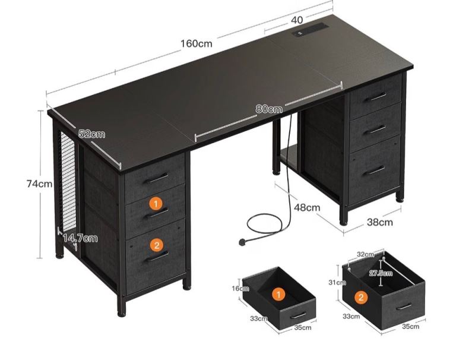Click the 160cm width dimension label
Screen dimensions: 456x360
197,43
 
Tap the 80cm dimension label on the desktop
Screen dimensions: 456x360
269,109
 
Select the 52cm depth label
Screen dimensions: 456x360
92,134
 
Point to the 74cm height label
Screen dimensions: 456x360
40,184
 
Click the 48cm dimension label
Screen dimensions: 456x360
307,207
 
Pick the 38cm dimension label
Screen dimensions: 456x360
380,222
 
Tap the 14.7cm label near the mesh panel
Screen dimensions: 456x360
80,238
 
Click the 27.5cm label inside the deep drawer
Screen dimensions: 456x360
381,273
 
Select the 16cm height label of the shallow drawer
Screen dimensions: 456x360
240,288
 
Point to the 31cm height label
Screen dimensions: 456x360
337,282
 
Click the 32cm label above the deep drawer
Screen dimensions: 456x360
366,254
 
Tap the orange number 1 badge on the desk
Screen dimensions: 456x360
156,204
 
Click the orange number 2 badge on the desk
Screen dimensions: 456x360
157,245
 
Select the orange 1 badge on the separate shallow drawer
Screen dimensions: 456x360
278,295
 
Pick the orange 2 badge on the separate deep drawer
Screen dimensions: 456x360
361,298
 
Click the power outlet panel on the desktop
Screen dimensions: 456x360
311,30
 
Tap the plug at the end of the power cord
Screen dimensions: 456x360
242,242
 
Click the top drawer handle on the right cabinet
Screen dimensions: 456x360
376,97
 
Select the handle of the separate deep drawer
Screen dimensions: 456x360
404,307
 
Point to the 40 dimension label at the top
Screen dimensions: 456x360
297,20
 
